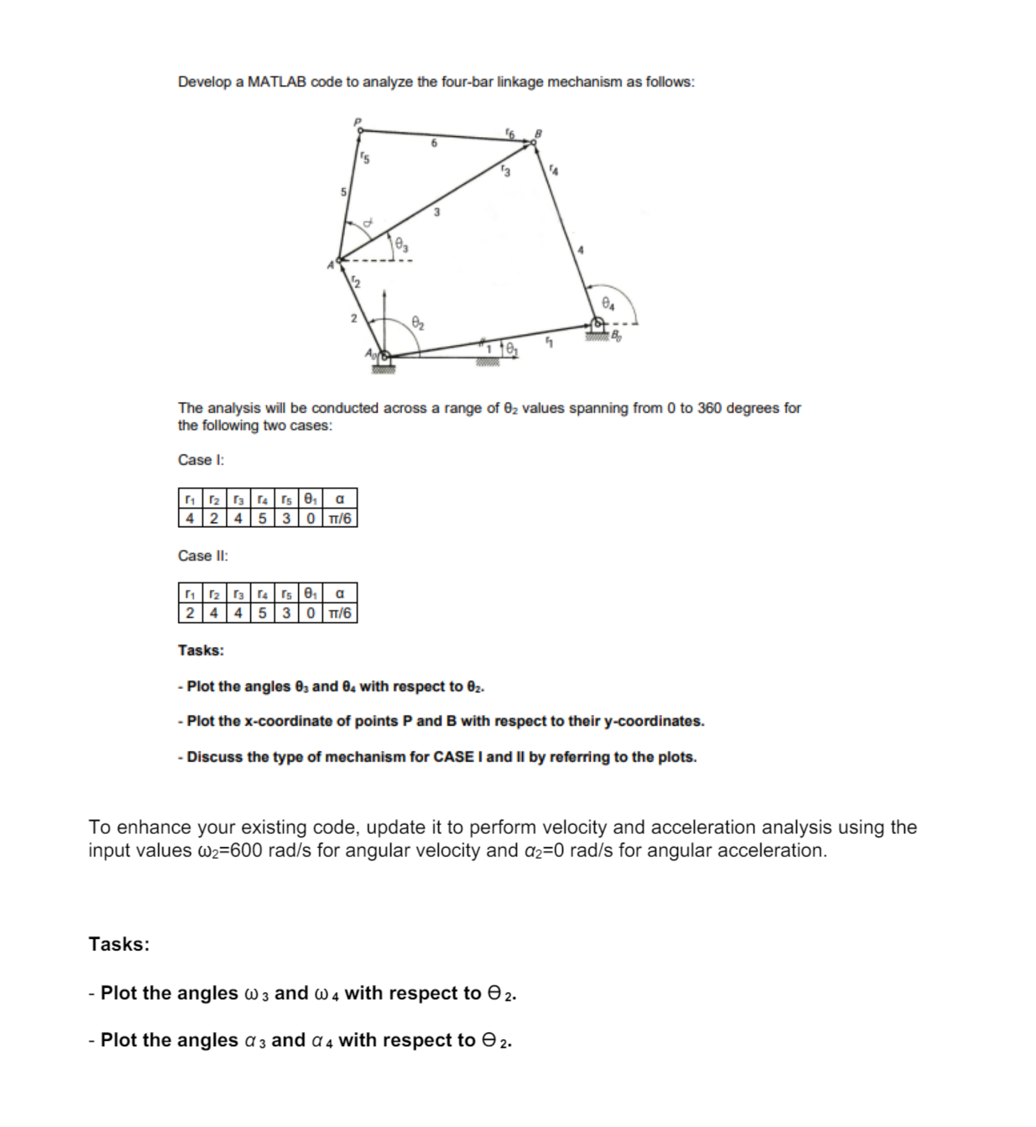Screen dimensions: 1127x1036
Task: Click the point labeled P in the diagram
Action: pos(360,130)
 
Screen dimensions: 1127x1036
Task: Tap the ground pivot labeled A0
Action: pos(385,355)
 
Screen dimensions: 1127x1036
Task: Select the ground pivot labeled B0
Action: pos(598,324)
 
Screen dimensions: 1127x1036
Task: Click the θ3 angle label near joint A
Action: pos(401,243)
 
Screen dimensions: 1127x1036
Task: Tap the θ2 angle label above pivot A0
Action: pos(418,323)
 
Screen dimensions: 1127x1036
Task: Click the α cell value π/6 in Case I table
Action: pos(340,518)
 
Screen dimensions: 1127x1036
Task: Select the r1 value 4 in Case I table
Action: pos(190,518)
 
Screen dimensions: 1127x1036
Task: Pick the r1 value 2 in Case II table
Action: pos(190,613)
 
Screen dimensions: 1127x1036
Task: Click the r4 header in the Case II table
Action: pos(262,593)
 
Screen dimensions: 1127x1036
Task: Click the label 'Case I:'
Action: pos(201,460)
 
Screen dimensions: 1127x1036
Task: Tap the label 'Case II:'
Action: pos(203,556)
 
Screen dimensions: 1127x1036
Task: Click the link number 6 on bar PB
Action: pos(434,143)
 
